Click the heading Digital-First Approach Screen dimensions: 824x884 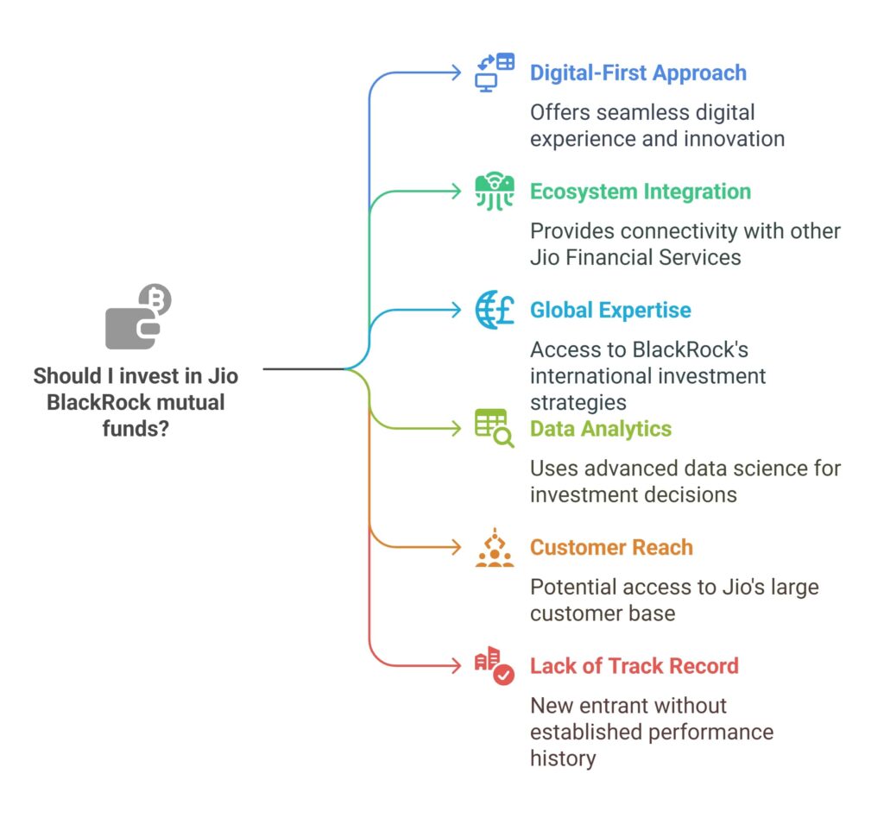pyautogui.click(x=638, y=72)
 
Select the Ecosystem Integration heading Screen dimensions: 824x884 pyautogui.click(x=640, y=192)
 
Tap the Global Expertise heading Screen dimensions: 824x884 pyautogui.click(x=610, y=311)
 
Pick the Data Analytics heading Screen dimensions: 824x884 pyautogui.click(x=601, y=429)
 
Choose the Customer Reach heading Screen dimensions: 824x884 pyautogui.click(x=611, y=548)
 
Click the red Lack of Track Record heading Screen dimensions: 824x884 pyautogui.click(x=634, y=666)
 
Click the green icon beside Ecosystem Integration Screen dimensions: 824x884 pyautogui.click(x=495, y=192)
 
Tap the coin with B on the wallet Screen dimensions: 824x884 pyautogui.click(x=157, y=300)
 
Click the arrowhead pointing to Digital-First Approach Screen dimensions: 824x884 pyautogui.click(x=458, y=72)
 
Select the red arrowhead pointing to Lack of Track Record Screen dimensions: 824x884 pyautogui.click(x=458, y=666)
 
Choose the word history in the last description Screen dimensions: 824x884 pyautogui.click(x=563, y=758)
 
